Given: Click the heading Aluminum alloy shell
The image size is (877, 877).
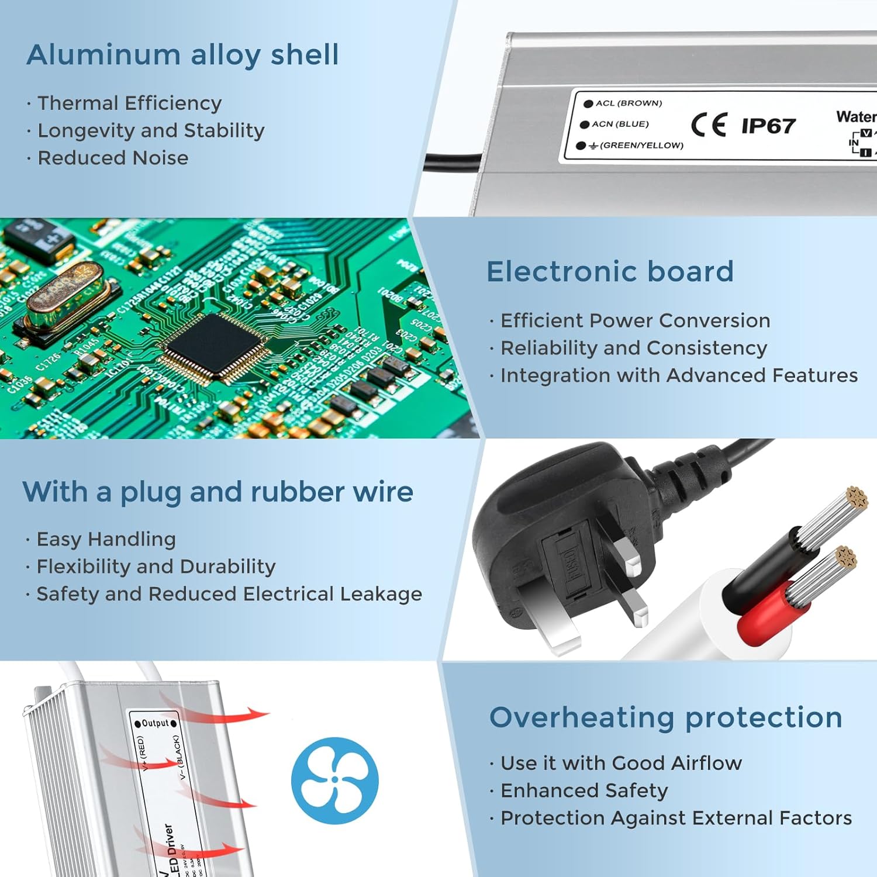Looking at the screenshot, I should pyautogui.click(x=182, y=55).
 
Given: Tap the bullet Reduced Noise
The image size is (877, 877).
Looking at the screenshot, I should pyautogui.click(x=113, y=158).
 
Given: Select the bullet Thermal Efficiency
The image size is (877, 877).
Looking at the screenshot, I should pyautogui.click(x=129, y=103).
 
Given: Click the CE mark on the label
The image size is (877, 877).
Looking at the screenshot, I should pyautogui.click(x=709, y=125).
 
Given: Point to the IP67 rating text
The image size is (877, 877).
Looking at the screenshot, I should pyautogui.click(x=768, y=126).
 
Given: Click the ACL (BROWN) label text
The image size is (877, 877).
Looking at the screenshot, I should pyautogui.click(x=629, y=103).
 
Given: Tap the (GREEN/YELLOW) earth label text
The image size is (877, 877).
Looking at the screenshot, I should pyautogui.click(x=641, y=146).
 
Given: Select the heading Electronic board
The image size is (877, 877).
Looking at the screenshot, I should pyautogui.click(x=610, y=272).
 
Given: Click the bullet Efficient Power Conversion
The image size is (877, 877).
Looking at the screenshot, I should pyautogui.click(x=635, y=321).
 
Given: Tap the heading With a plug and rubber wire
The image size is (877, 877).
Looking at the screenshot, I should pyautogui.click(x=217, y=492).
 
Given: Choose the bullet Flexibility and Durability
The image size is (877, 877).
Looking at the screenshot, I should pyautogui.click(x=156, y=567).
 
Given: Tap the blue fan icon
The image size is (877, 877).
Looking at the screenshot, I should pyautogui.click(x=335, y=781).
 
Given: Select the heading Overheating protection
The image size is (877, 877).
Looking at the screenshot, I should pyautogui.click(x=665, y=717).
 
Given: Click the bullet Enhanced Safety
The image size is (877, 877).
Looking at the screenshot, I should pyautogui.click(x=583, y=790).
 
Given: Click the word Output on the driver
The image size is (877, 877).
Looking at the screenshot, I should pyautogui.click(x=156, y=723).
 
